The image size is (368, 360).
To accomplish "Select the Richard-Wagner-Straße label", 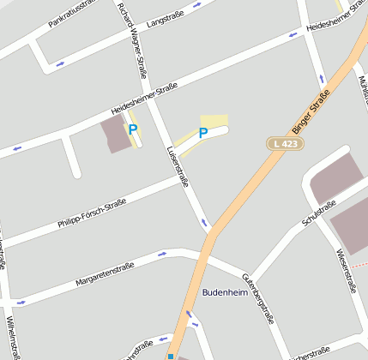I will coord(132,41).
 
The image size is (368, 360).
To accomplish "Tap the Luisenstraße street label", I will coord(178,165).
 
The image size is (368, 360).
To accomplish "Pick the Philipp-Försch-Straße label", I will coord(92,213).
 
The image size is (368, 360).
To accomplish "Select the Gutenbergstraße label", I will coord(258,297).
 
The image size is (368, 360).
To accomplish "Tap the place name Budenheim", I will coord(225,292).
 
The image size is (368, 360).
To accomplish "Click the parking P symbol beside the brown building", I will coord(132,130).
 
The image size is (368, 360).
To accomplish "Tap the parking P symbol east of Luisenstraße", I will coord(203,133).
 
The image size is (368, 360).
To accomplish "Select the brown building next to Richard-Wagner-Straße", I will coord(117,135).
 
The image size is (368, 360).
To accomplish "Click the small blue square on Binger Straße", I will coord(171,356).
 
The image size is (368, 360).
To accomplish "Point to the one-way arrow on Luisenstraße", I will coord(204,223).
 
